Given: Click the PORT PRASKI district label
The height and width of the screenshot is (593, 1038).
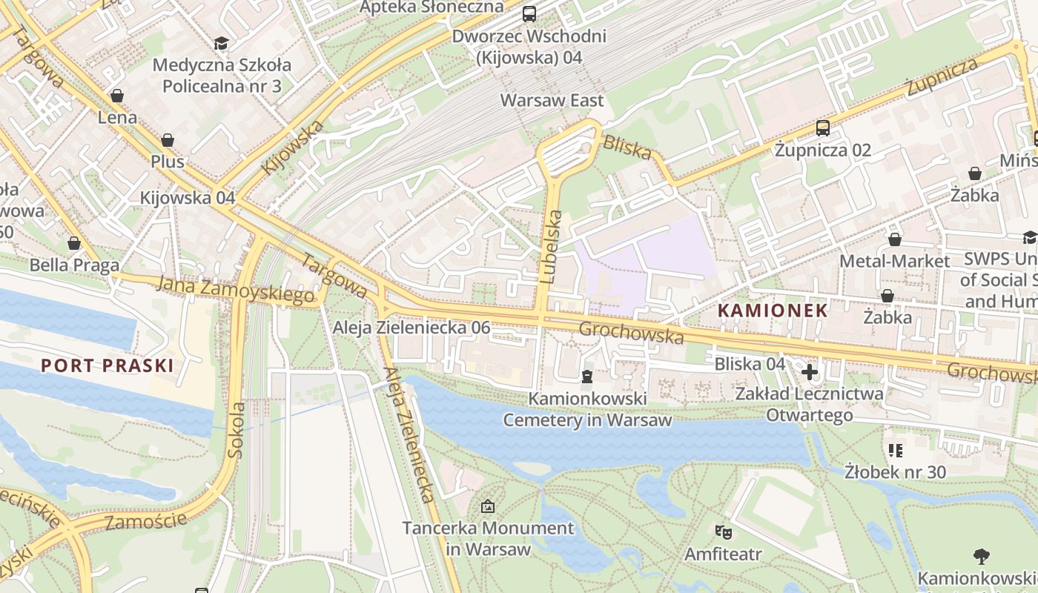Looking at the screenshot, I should coord(107,365).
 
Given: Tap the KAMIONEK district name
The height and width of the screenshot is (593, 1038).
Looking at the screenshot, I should coord(773,311).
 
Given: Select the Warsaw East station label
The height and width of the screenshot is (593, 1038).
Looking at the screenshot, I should coord(552,100).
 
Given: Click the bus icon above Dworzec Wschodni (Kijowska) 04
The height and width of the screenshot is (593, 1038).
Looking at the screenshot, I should coord(529,13).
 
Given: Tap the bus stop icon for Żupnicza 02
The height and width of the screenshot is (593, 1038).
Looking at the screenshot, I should coord(823,127).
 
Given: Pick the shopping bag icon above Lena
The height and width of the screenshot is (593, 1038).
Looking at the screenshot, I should coord(117,96).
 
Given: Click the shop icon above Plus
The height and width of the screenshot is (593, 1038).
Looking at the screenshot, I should coord(168,140).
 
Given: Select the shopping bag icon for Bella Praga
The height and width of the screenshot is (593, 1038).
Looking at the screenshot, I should coord(74,243).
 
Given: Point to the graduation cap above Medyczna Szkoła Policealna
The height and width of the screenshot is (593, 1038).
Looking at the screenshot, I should coord(221,43).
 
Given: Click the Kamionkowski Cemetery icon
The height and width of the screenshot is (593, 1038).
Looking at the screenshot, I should coord(587,377).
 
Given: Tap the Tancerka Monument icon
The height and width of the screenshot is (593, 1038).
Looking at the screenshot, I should coord(488,506).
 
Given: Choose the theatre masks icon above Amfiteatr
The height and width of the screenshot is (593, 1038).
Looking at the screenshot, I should coord(723,531).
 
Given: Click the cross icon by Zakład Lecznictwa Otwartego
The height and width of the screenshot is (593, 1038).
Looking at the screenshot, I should coord(809,371).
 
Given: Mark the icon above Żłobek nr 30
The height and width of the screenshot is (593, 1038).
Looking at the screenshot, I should coord(895,450).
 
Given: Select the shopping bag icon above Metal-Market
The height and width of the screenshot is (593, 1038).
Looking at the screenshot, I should coord(894,239).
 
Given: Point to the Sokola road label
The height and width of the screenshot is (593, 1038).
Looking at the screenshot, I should coord(237,430).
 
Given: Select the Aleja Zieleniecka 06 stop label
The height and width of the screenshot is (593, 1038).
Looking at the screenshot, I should coord(411,328).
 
